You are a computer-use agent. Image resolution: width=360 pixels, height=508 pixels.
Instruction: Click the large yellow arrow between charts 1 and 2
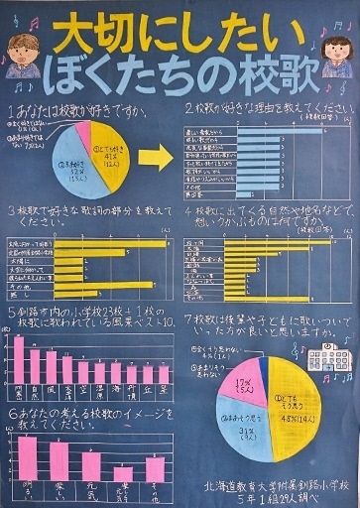coord(154,156)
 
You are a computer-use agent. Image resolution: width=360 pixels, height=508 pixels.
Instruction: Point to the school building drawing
coord(326,360)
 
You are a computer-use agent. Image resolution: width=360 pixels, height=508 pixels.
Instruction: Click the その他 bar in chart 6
coord(155,468)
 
